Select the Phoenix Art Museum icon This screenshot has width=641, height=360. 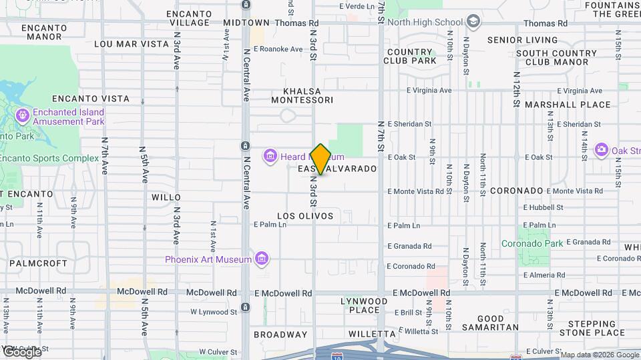click(261, 259)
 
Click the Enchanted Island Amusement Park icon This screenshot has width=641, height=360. click(22, 116)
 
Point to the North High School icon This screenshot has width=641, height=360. click(473, 21)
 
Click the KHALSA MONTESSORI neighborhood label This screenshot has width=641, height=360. click(302, 95)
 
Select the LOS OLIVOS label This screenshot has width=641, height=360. click(305, 216)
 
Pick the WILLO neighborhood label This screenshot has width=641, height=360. click(166, 197)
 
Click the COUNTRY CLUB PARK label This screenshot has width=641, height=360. click(410, 57)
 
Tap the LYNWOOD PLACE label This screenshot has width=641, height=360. click(364, 305)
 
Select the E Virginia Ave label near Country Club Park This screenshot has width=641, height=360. click(430, 90)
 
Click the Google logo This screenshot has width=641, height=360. click(22, 351)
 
